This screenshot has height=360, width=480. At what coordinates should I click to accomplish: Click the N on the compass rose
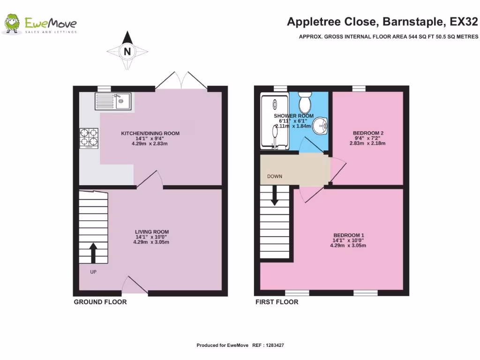coord(127,52)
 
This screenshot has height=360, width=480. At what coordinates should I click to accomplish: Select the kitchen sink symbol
coord(113,101)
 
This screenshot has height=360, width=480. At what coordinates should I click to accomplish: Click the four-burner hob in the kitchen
coord(89,138)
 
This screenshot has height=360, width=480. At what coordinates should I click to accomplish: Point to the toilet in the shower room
coord(305,102)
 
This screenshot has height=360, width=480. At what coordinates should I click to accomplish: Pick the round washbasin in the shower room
coord(320,125)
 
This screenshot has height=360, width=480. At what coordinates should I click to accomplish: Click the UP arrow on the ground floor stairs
coord(93,253)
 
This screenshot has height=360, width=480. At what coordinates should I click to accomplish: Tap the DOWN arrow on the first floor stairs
coord(275,195)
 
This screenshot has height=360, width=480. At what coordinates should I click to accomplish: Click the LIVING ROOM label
coord(152,232)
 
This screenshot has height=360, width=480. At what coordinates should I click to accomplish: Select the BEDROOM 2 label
coord(368,133)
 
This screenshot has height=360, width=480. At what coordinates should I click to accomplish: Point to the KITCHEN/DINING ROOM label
coord(150,134)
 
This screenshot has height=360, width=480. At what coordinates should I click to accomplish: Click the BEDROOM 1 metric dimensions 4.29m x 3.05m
coord(348,246)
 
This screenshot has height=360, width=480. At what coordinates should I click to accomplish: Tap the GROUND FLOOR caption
coord(100,302)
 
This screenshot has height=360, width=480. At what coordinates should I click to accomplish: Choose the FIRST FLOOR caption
coord(277,302)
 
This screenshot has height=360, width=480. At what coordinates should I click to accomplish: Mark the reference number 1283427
coord(275,345)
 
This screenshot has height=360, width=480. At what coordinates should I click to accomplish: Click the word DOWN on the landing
coord(275,176)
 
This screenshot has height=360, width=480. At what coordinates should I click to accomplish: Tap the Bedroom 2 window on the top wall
coord(359,89)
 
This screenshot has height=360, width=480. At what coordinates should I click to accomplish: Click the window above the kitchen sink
coord(104,89)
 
